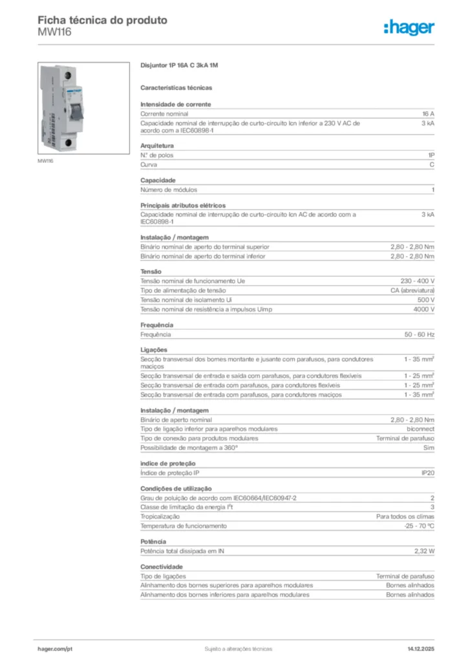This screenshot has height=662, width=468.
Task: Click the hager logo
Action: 409,27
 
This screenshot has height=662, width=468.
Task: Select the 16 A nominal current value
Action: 428,113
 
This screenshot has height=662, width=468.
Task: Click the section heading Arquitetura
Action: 157,146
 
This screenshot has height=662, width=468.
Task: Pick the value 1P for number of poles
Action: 431,156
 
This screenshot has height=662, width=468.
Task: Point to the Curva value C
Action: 432,165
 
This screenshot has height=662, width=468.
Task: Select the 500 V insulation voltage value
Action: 425,300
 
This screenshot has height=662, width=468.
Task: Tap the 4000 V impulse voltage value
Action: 423,309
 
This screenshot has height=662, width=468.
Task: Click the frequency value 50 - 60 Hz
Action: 419,334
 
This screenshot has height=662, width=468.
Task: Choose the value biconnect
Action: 420,429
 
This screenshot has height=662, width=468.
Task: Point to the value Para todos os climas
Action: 405,517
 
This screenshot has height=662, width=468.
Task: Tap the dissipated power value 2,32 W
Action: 424,551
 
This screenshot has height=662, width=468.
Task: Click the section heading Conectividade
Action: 161,566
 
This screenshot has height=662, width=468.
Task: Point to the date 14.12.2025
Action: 421,648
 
